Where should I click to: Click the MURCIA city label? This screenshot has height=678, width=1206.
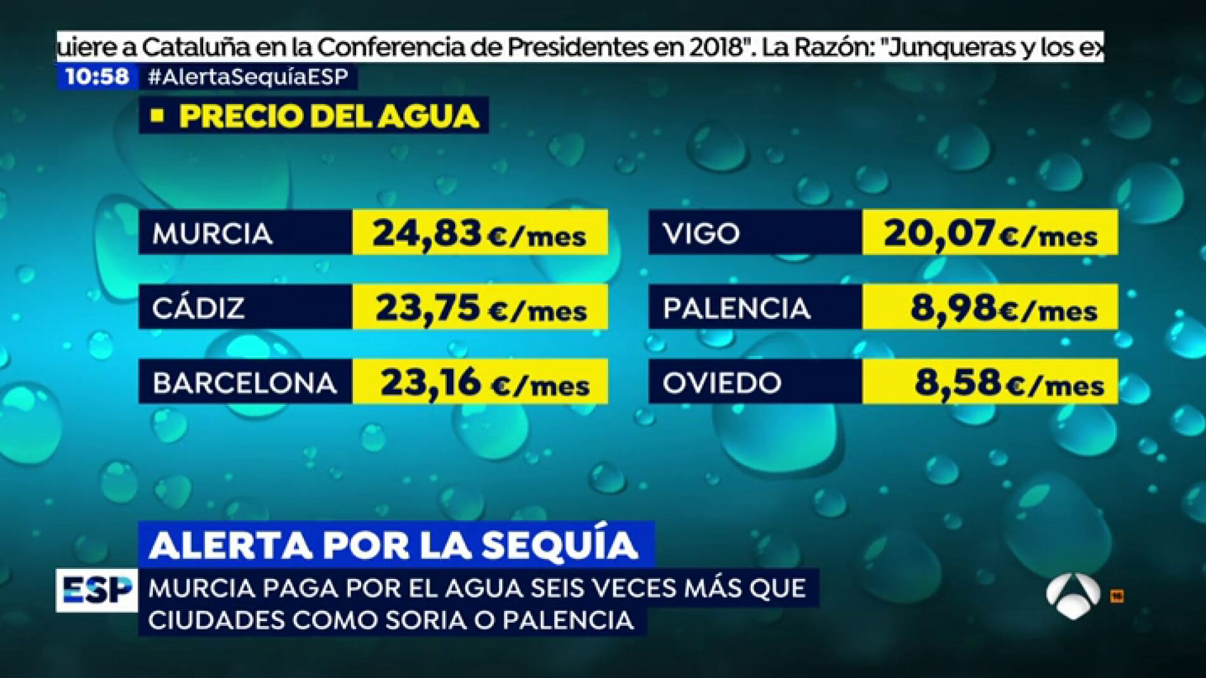[x=213, y=234]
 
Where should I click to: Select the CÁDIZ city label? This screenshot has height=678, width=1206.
[x=198, y=309]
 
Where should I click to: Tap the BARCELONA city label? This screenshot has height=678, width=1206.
[x=244, y=383]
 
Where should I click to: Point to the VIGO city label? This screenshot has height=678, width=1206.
[x=701, y=234]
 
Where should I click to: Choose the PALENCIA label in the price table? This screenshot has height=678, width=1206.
[x=736, y=309]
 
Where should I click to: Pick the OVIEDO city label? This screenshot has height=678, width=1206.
[x=722, y=383]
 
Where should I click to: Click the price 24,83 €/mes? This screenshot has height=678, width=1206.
[x=479, y=233]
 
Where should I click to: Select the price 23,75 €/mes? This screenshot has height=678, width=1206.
[x=480, y=308]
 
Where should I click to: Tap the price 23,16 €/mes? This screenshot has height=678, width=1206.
[x=484, y=382]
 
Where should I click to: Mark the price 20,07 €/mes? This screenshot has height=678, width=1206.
[x=990, y=233]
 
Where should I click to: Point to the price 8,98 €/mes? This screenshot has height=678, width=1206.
[x=1004, y=308]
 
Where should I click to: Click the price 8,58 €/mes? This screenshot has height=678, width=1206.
[x=1009, y=382]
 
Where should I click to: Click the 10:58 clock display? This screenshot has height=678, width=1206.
[x=97, y=77]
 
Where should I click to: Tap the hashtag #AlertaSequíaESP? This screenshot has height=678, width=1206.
[x=248, y=77]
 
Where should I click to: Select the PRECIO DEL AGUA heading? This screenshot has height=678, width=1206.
[x=328, y=116]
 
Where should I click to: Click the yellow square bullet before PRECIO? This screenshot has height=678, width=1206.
[x=157, y=115]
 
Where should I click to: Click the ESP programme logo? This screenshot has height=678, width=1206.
[x=96, y=590]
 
